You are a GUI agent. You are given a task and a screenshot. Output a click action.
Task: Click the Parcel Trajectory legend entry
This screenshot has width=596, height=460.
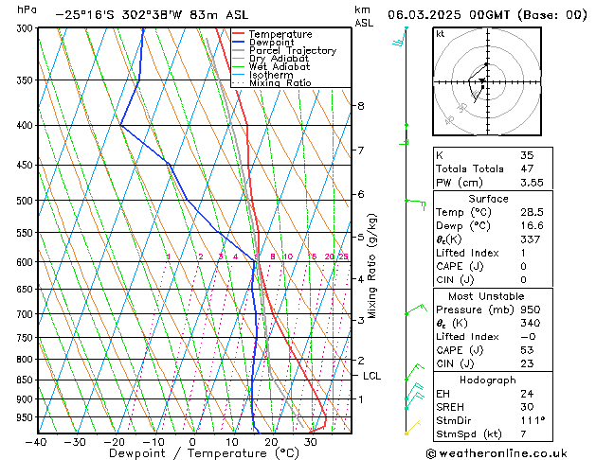pos(292,51)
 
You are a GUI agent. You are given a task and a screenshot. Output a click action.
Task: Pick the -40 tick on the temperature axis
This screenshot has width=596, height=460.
pos(37,442)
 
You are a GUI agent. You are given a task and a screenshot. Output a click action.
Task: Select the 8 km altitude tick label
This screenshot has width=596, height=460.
pos(361,105)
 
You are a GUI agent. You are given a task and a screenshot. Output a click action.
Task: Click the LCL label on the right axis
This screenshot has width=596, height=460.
pos(372,376)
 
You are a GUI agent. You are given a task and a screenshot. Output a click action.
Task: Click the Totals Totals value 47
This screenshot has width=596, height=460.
pos(527,168)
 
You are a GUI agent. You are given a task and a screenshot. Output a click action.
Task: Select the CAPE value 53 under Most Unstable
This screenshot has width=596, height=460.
pos(527,349)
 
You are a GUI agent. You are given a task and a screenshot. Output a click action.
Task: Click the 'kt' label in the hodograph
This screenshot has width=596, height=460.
pos(441,34)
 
